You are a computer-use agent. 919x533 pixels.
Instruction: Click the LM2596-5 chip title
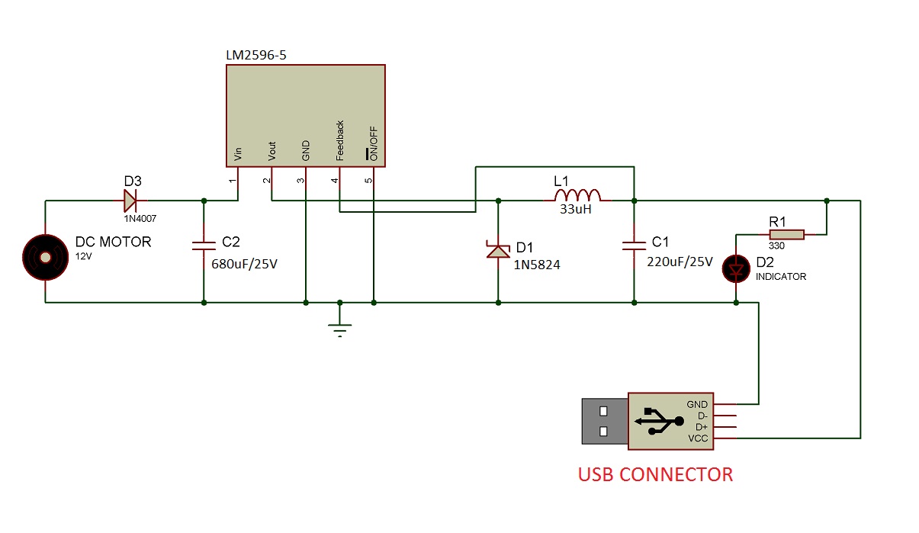point(256,55)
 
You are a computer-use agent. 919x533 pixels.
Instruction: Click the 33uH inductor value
point(577,210)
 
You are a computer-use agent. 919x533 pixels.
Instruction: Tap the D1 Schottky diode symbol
point(498,250)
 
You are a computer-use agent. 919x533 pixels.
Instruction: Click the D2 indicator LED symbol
point(737,270)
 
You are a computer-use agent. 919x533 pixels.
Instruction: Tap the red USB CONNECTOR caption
point(655,474)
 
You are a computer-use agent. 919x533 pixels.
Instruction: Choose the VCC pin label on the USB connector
point(698,438)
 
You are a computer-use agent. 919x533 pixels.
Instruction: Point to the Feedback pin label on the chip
point(340,140)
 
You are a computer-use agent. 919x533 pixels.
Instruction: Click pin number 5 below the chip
point(368,181)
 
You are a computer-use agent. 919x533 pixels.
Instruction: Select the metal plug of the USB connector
point(604,421)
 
